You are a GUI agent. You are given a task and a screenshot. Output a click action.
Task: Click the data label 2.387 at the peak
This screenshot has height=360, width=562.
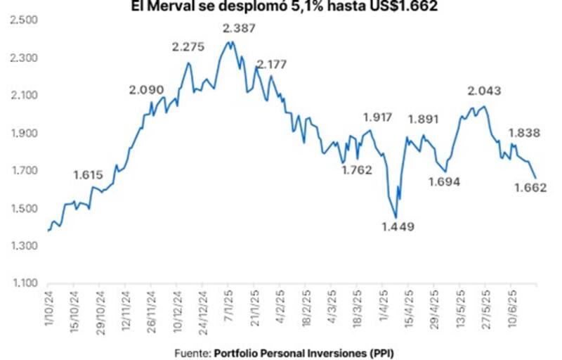[x=239, y=29]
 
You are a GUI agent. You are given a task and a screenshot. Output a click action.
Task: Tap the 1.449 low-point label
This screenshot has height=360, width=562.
[x=398, y=227]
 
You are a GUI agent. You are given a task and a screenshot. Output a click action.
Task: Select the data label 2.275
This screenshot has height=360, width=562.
[x=188, y=47]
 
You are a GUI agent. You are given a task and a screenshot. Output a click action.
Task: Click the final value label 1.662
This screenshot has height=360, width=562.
[x=530, y=188]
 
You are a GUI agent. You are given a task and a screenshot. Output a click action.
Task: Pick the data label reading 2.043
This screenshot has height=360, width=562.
[x=485, y=91]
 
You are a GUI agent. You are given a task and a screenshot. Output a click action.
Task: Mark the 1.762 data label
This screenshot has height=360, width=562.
[x=357, y=169]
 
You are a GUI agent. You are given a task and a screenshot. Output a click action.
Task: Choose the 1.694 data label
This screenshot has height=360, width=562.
[x=443, y=182]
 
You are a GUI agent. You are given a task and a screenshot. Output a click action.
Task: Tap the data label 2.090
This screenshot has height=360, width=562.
[x=146, y=90]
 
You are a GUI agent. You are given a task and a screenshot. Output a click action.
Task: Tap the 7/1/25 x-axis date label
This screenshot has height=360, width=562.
[x=229, y=304]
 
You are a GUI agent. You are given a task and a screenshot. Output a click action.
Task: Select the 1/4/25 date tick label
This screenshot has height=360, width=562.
[x=383, y=304]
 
